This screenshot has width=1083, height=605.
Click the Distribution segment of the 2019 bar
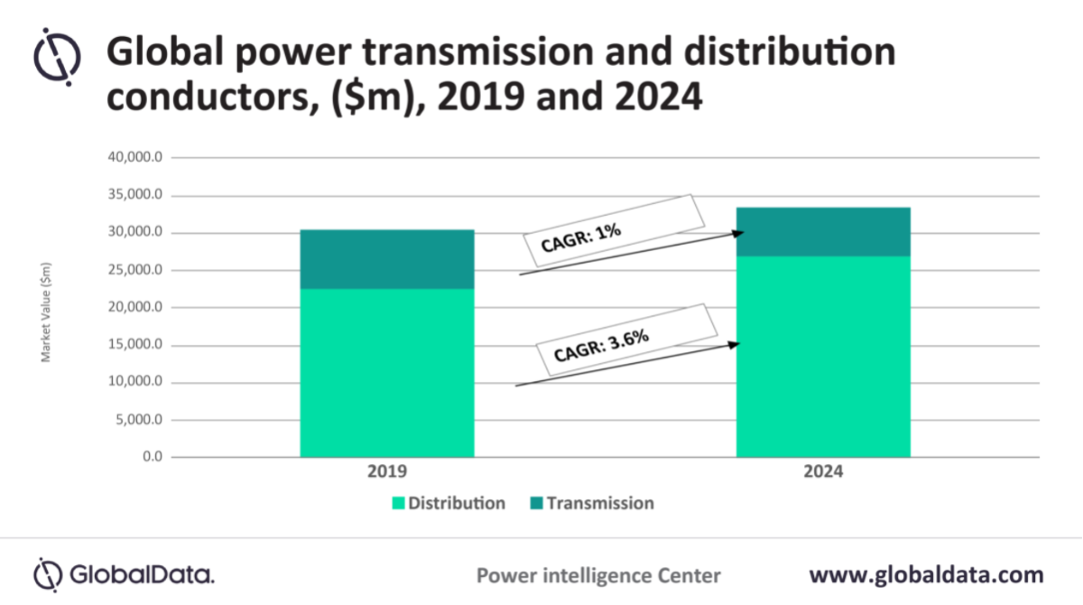[386, 372]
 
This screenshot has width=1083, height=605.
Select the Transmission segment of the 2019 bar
[386, 259]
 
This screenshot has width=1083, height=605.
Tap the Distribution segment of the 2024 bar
[823, 357]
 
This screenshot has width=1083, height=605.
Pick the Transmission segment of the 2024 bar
[823, 232]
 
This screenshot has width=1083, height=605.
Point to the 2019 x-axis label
[386, 472]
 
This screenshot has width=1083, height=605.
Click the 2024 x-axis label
[823, 472]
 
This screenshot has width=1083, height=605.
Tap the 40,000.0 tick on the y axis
[134, 158]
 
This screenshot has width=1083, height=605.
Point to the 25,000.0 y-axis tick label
[134, 270]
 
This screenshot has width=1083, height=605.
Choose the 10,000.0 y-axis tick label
[134, 382]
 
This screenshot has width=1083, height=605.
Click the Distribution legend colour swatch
[398, 503]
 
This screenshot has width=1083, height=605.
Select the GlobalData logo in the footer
[124, 574]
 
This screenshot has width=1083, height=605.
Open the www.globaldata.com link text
[926, 574]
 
